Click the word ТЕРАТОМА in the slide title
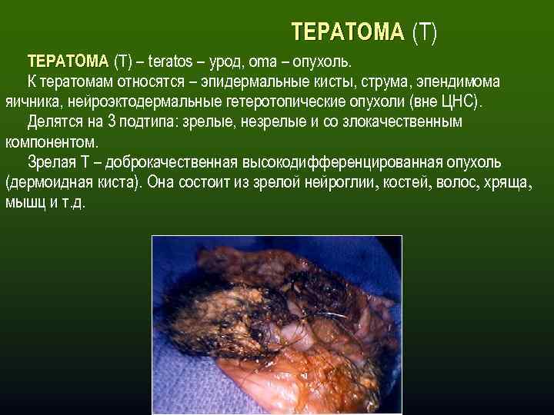[347, 32]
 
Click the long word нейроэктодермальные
[145, 102]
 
